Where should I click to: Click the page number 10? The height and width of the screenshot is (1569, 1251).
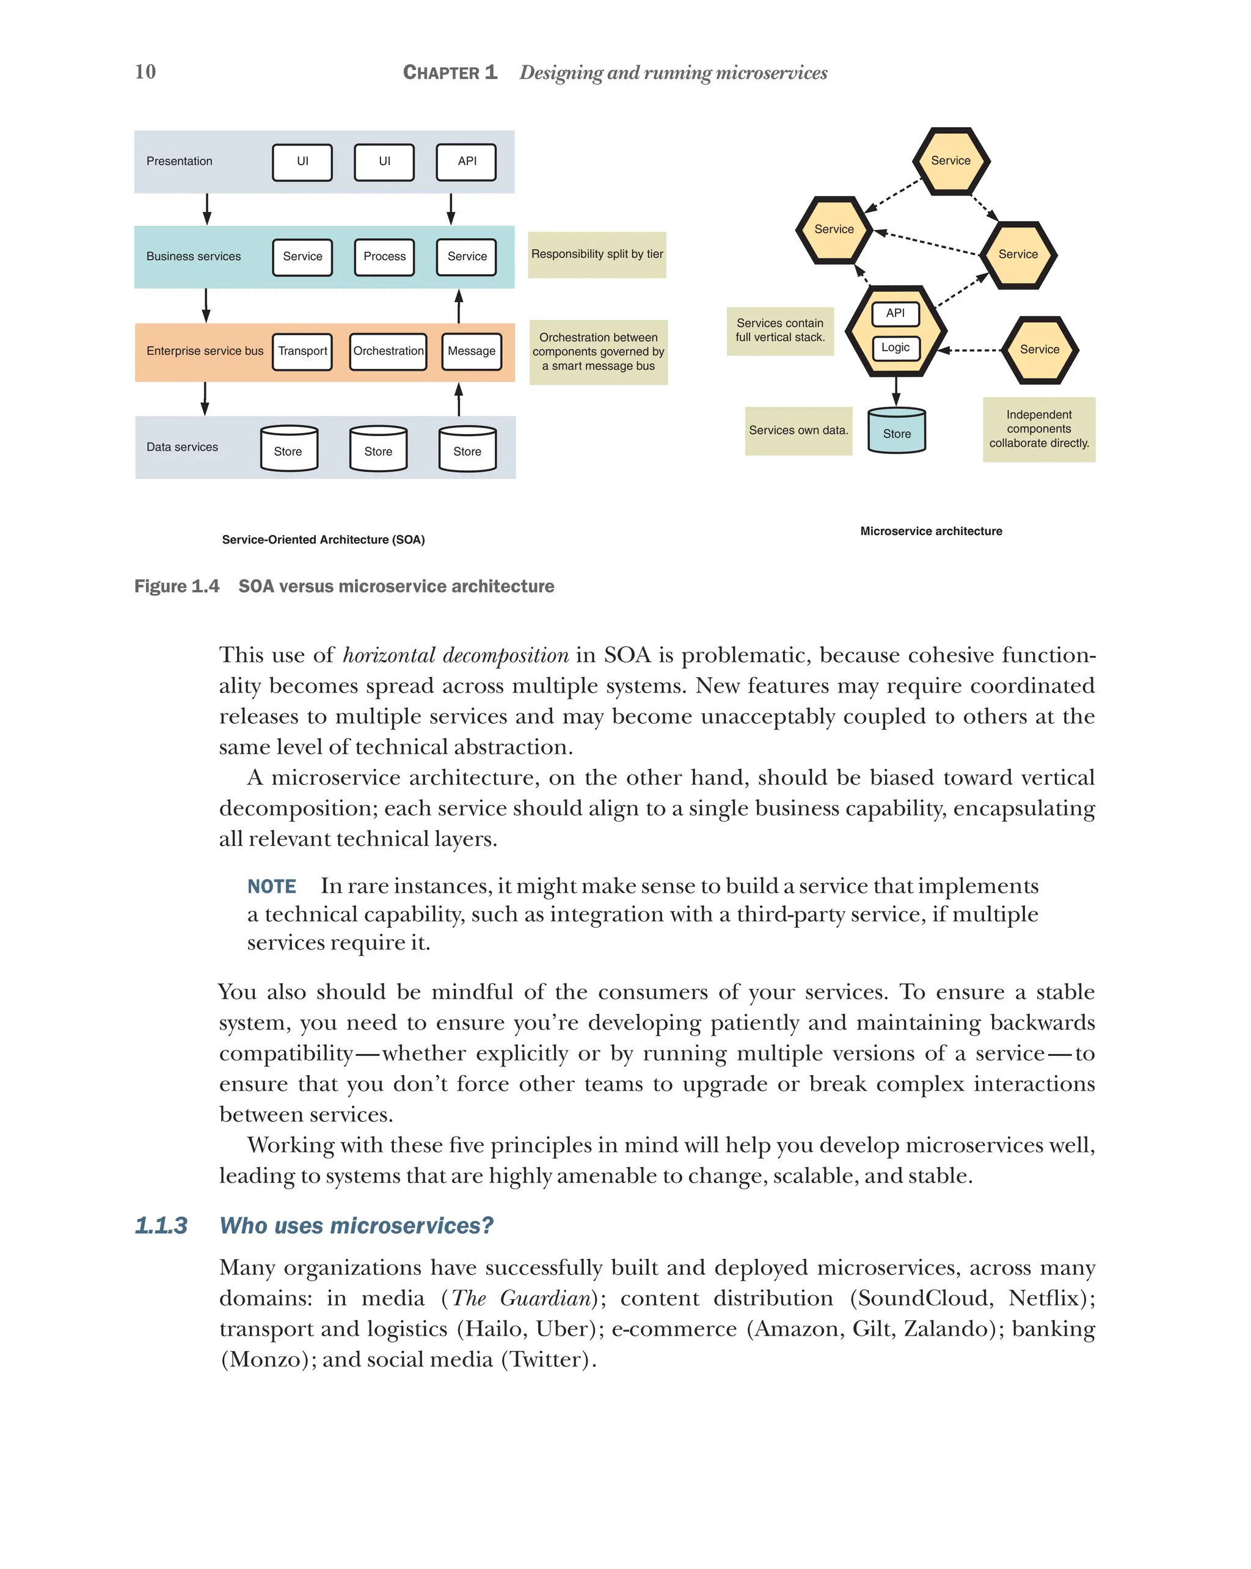click(x=145, y=71)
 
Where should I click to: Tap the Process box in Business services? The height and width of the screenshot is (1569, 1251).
click(x=384, y=257)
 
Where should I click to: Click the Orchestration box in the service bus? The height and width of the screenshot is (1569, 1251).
click(x=388, y=352)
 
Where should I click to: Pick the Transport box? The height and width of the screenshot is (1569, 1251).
click(x=302, y=352)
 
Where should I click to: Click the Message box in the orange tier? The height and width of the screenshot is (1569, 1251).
click(x=471, y=352)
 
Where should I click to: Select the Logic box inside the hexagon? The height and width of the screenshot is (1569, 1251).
click(x=895, y=348)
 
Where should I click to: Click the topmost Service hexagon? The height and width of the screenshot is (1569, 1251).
click(x=950, y=161)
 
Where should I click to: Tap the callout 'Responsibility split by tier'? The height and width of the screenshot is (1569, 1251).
click(x=597, y=255)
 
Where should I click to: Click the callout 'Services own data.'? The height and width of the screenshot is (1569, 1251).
click(x=798, y=431)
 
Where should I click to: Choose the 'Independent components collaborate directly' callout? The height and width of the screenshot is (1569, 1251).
click(x=1038, y=429)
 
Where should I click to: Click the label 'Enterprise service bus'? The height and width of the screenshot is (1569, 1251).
click(x=205, y=352)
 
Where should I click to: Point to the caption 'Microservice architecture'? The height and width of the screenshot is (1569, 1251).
click(x=931, y=531)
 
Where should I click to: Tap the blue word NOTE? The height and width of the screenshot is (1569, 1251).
click(x=271, y=886)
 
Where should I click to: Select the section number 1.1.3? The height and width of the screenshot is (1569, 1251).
click(x=161, y=1226)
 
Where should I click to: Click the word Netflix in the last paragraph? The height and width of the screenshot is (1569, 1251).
click(x=1043, y=1298)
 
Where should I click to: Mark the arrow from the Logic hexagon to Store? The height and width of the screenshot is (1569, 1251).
click(x=896, y=391)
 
